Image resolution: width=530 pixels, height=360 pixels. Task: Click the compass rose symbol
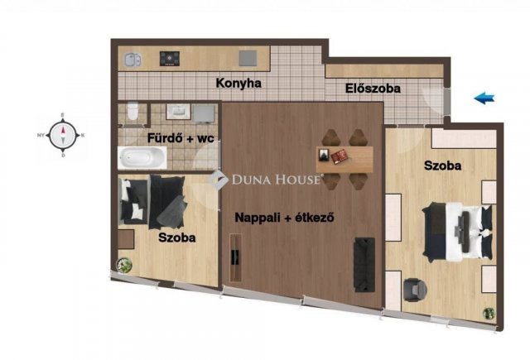(61, 133)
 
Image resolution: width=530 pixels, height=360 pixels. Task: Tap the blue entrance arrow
(484, 99)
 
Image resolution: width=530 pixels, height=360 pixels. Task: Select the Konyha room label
(238, 83)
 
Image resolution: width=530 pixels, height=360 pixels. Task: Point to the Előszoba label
(373, 87)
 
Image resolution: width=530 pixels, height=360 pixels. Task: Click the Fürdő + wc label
(181, 138)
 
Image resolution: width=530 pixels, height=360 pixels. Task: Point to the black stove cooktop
(171, 58)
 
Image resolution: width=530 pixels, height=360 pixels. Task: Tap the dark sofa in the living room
(364, 262)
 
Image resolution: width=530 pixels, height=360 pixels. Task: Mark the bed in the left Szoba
(154, 199)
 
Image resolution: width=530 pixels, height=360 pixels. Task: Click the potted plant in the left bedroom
(125, 265)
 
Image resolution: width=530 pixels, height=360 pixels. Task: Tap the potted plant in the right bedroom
(489, 314)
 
